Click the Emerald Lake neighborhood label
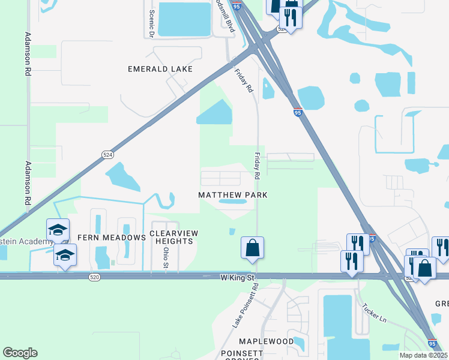[160, 69]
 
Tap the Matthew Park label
[233, 195]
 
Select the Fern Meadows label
[112, 238]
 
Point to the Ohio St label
[166, 259]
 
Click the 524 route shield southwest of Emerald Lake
[107, 154]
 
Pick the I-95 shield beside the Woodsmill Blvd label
[237, 6]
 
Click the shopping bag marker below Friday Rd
[253, 247]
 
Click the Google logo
[20, 352]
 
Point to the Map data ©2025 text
[421, 355]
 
